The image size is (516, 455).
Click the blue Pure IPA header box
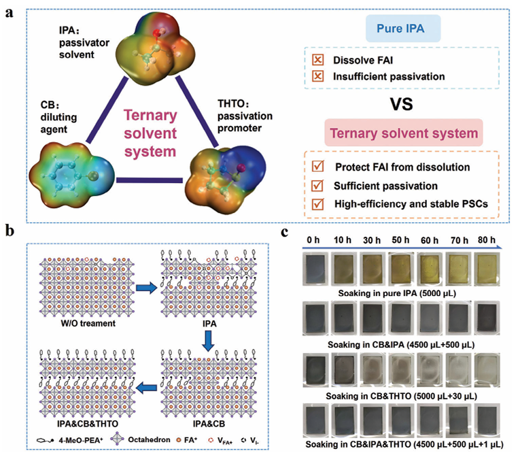403,29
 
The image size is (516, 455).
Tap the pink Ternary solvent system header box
404,133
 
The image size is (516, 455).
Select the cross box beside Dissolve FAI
318,60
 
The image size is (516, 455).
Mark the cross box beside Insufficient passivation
318,76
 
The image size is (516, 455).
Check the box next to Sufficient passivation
317,186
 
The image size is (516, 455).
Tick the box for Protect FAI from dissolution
318,166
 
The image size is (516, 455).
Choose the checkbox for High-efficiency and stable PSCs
318,204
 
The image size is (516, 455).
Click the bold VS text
402,104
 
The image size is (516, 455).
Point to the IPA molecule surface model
156,49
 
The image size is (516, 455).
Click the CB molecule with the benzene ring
72,173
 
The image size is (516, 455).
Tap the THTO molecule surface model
226,180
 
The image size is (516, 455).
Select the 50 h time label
400,240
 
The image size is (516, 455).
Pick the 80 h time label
486,240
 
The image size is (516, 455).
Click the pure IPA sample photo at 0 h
315,269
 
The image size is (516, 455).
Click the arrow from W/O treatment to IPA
147,288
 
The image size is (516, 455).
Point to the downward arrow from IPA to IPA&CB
208,341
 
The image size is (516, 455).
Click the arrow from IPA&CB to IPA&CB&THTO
146,388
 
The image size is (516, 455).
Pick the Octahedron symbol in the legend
117,439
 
